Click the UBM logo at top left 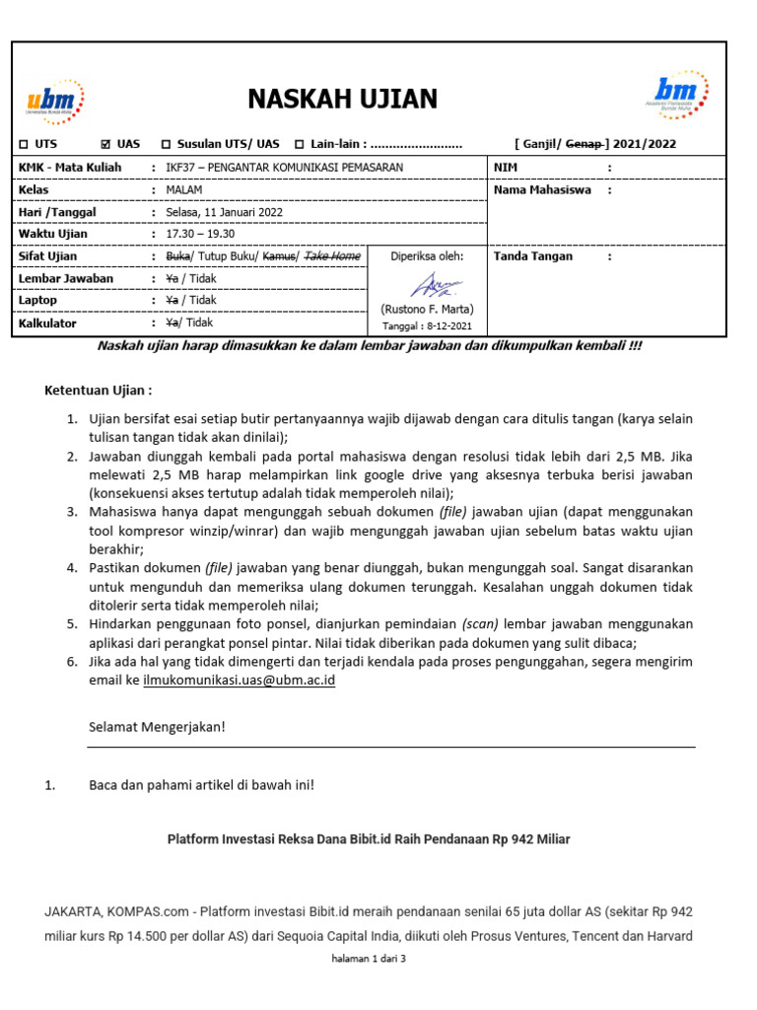pyautogui.click(x=55, y=101)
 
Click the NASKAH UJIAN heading pyautogui.click(x=342, y=100)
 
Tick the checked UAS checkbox pyautogui.click(x=107, y=144)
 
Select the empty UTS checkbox pyautogui.click(x=23, y=144)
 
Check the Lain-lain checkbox pyautogui.click(x=300, y=144)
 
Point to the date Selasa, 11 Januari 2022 pyautogui.click(x=224, y=212)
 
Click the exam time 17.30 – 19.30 pyautogui.click(x=200, y=234)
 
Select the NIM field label pyautogui.click(x=506, y=168)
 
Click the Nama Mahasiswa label pyautogui.click(x=542, y=189)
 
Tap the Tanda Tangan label pyautogui.click(x=532, y=256)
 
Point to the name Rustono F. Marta pyautogui.click(x=428, y=309)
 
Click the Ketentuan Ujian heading pyautogui.click(x=99, y=391)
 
